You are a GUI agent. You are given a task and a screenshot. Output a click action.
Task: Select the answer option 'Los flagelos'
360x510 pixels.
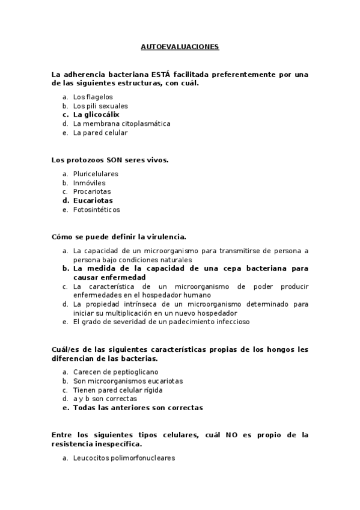(93, 97)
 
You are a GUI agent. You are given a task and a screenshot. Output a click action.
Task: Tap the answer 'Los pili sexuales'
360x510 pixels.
(100, 106)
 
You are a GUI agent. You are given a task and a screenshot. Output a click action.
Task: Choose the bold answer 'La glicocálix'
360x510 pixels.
(96, 114)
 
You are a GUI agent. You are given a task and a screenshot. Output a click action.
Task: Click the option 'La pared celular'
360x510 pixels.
(100, 132)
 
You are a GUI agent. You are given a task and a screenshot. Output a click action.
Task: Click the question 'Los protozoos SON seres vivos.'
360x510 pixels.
(110, 160)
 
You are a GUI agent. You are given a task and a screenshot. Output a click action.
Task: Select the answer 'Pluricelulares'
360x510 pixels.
(96, 174)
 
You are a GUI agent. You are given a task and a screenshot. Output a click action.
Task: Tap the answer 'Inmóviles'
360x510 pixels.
(89, 183)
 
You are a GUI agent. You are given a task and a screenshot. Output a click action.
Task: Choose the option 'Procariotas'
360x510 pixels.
(92, 192)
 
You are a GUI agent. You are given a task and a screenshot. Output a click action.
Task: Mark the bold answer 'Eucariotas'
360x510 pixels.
(93, 201)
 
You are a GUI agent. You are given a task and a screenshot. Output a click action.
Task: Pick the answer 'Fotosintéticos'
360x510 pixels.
(96, 210)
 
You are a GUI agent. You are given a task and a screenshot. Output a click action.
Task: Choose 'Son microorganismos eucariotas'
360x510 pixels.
(128, 381)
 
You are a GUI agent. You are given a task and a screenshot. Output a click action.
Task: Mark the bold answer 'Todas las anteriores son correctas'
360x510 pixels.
(138, 407)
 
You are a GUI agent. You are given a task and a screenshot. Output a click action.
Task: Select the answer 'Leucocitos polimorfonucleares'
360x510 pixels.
(124, 458)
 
